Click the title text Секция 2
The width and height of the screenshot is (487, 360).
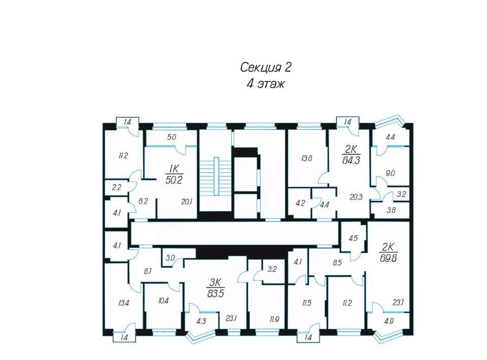click(x=265, y=67)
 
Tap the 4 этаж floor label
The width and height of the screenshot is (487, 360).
click(x=265, y=84)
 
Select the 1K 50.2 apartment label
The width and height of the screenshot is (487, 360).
click(x=174, y=174)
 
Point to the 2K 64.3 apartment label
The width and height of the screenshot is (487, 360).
click(x=351, y=155)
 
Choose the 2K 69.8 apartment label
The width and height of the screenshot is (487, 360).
click(x=388, y=253)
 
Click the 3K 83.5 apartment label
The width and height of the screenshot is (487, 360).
click(x=216, y=288)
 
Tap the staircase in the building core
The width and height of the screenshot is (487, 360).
click(x=216, y=176)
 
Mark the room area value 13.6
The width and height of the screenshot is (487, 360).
click(x=306, y=159)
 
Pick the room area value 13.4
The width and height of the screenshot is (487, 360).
click(x=123, y=303)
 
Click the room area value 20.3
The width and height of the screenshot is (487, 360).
click(x=356, y=197)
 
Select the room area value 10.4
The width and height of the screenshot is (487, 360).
click(x=163, y=300)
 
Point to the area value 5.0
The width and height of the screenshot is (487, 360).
click(x=171, y=137)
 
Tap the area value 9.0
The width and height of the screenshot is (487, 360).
click(x=390, y=173)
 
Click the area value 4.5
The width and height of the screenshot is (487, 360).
click(x=353, y=238)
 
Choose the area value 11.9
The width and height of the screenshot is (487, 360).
click(x=274, y=319)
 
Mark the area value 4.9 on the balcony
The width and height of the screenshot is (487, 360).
click(x=389, y=321)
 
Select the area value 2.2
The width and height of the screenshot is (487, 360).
click(x=117, y=188)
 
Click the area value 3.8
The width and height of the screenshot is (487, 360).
click(x=391, y=210)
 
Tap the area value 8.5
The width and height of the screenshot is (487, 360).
click(x=337, y=263)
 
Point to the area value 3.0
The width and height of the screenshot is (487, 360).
click(x=170, y=258)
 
